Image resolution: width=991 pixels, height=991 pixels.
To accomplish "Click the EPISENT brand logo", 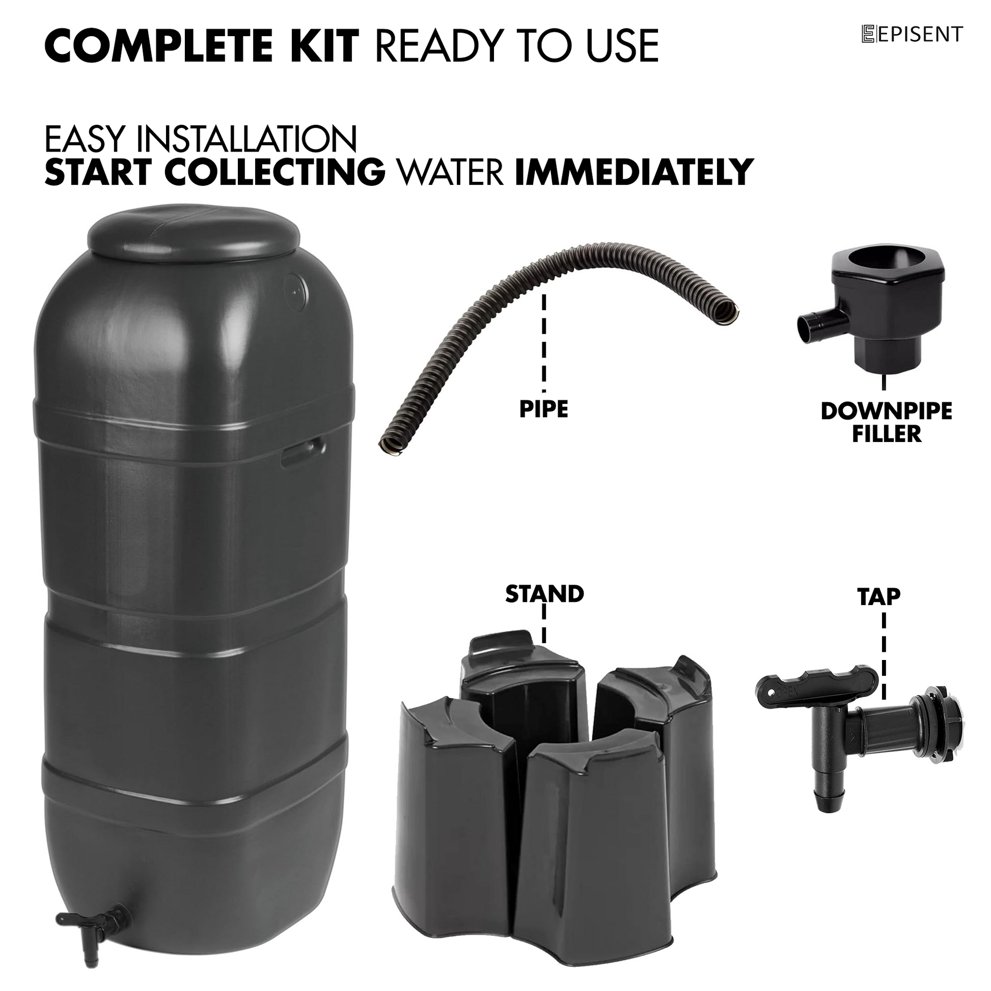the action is (x=912, y=34).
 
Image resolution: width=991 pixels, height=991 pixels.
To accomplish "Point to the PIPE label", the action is (x=544, y=409).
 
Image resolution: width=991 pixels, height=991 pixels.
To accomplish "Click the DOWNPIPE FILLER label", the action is (x=887, y=422).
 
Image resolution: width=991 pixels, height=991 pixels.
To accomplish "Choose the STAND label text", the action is (x=545, y=594).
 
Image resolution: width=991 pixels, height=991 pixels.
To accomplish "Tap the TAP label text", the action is (x=878, y=596).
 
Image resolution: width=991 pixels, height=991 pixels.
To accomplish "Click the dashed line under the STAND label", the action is (x=544, y=624).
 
